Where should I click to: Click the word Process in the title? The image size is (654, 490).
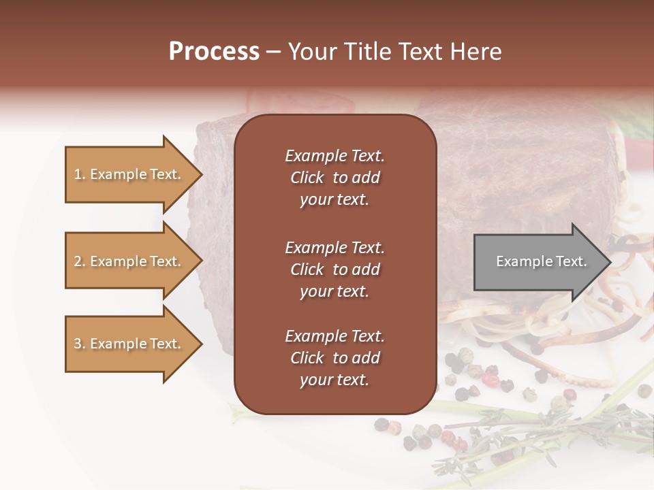pos(214,52)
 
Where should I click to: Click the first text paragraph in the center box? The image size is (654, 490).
pos(334,178)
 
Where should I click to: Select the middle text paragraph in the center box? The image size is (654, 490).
pos(334,269)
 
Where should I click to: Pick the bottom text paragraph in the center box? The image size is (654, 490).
pos(334,358)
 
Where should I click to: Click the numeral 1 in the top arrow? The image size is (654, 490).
pos(77,174)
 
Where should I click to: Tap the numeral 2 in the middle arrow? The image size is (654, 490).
pos(78,261)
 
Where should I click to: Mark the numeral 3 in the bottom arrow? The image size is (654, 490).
pos(78,344)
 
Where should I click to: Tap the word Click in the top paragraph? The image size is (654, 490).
pos(307,178)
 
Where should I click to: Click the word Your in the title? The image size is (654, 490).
pos(309,52)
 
